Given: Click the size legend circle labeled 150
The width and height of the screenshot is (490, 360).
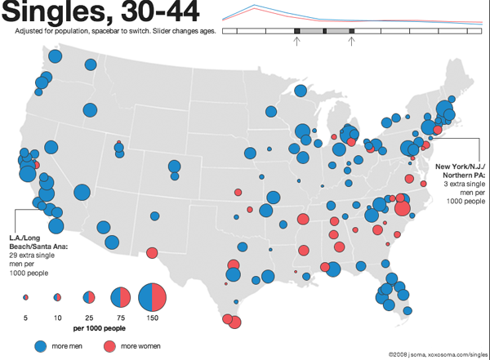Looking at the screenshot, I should click(x=152, y=296).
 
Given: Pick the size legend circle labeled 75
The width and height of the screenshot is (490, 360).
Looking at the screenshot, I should click(x=120, y=296).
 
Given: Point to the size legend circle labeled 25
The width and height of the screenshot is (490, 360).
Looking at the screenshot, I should click(x=88, y=296).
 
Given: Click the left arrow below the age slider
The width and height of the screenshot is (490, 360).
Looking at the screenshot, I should click(x=296, y=42).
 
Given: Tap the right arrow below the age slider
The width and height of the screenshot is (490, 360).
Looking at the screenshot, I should click(x=351, y=42).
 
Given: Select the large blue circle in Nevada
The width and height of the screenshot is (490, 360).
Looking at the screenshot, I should click(x=82, y=192).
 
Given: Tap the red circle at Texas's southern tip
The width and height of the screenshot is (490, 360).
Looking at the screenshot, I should click(x=235, y=322).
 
